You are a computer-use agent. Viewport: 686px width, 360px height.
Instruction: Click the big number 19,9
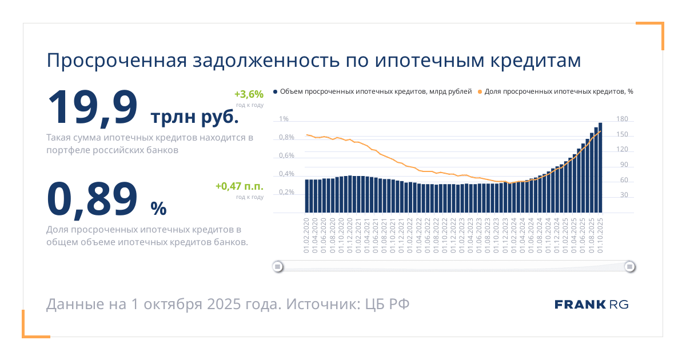(93, 107)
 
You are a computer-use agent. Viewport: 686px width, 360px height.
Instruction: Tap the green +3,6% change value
(249, 94)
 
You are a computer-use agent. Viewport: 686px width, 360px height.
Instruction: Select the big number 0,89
(93, 199)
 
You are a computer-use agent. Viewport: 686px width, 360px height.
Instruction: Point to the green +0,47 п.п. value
(239, 186)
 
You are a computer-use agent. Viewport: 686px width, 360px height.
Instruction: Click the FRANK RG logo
(591, 304)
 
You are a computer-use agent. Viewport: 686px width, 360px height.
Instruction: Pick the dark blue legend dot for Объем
(276, 91)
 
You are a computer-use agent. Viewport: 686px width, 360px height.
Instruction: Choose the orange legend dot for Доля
(480, 91)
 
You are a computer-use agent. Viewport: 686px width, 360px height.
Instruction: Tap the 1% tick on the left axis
(284, 119)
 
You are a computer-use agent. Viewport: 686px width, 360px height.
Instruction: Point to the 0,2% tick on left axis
(286, 193)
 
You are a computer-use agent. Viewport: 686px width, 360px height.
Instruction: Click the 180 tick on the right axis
(623, 119)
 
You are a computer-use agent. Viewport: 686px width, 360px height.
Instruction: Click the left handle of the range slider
(277, 266)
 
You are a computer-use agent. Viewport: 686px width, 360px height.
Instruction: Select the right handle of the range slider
(629, 266)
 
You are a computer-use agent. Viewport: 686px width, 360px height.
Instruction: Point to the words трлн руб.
(194, 117)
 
